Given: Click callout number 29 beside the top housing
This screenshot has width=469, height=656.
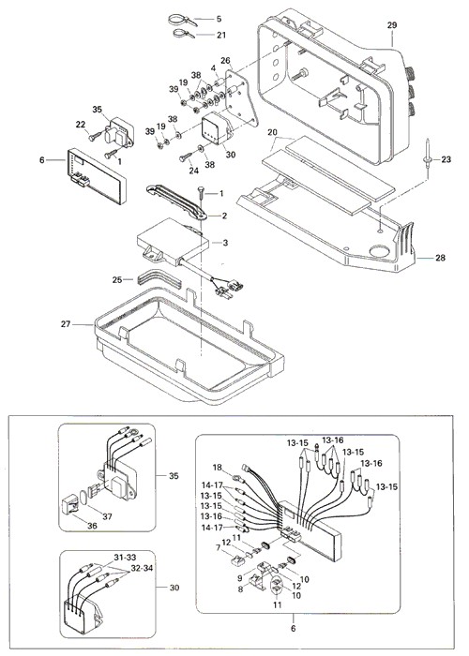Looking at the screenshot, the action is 391,25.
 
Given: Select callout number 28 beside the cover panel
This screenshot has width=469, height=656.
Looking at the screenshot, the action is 440,258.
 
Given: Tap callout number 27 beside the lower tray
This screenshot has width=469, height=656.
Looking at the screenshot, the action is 66,324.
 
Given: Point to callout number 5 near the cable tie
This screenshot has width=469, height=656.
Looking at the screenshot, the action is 219,20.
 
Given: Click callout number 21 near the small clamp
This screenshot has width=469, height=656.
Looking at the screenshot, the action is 221,36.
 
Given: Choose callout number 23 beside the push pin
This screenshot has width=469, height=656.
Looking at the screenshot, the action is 446,159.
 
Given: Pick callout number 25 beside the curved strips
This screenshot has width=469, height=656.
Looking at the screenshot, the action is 117,279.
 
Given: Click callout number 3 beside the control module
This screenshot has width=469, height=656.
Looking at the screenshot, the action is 225,243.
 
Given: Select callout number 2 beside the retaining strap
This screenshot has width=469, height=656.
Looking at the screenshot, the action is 224,216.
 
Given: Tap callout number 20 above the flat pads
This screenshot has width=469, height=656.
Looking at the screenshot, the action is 273,133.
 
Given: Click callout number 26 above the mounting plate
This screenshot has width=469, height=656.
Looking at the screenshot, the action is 226,61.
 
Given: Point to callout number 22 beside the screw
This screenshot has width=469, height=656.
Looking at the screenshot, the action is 81,125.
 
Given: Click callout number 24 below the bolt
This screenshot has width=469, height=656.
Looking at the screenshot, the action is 194,171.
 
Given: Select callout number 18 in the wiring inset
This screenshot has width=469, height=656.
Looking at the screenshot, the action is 218,468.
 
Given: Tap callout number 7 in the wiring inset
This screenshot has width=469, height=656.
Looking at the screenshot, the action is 219,547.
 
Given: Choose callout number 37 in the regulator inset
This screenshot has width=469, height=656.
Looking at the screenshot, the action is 108,516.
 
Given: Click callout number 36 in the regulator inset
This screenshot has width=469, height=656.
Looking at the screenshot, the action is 92,526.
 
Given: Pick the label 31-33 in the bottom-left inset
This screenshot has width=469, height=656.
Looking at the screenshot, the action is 125,558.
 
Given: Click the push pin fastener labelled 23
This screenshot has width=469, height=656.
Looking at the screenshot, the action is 427,154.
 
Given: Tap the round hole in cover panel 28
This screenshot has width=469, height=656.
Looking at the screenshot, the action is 380,252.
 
